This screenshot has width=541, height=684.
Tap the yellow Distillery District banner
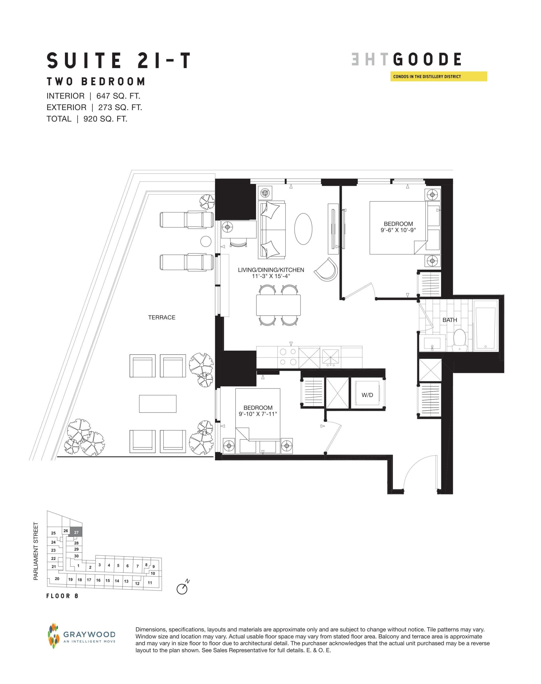click(438, 77)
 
